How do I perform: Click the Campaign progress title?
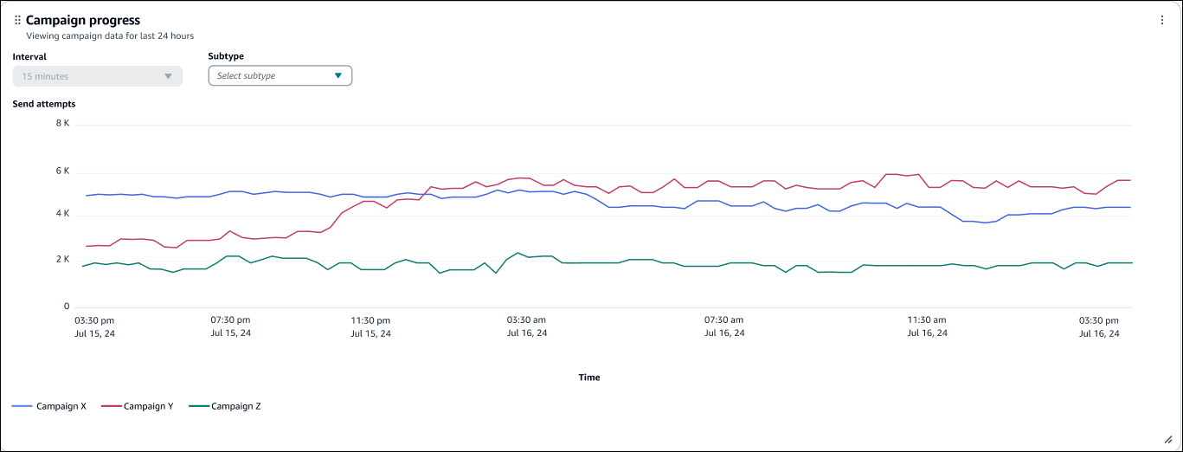coord(82,20)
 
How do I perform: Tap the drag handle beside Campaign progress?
coord(17,20)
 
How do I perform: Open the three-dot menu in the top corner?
coord(1162,20)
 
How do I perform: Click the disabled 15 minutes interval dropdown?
coord(97,76)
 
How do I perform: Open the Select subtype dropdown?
coord(280,76)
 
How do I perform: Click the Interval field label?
coord(29,56)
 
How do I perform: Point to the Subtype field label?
coord(225,56)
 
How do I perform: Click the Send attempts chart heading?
coord(44,104)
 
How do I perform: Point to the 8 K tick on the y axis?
coord(62,124)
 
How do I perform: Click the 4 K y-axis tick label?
coord(62,214)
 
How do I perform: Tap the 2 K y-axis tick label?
coord(62,260)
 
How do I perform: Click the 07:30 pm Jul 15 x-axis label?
coord(231,326)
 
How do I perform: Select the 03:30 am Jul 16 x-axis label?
coord(526,326)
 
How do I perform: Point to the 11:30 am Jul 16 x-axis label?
coord(928,326)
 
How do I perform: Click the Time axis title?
coord(588,378)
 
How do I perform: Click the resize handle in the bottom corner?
coord(1167,439)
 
